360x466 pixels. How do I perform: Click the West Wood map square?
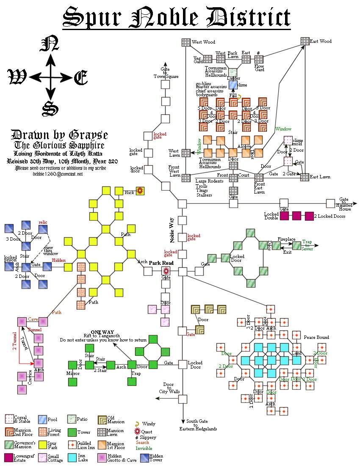click(x=186, y=42)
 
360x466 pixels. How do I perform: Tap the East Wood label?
click(x=321, y=42)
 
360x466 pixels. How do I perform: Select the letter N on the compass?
click(x=50, y=44)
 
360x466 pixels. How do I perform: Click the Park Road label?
click(x=160, y=263)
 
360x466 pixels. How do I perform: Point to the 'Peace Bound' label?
click(x=316, y=338)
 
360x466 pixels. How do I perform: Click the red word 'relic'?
click(x=43, y=222)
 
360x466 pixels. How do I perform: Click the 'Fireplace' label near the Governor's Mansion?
click(x=286, y=239)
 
